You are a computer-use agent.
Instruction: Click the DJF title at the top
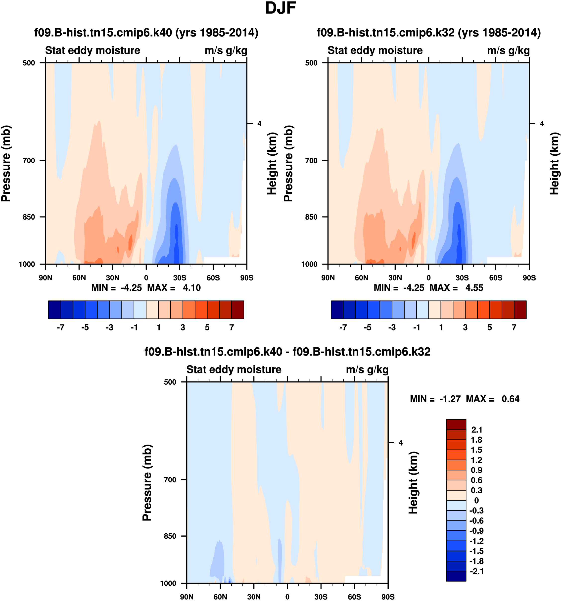point(280,8)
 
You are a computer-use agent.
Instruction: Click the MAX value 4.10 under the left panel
point(192,288)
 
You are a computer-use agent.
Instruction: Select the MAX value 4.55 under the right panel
point(474,288)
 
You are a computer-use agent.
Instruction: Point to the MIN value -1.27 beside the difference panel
point(450,399)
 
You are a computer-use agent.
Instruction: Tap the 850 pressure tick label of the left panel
point(29,217)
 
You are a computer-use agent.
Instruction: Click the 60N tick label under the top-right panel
point(362,278)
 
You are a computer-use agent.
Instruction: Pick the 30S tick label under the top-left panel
point(180,278)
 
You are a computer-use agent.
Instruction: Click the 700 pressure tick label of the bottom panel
point(170,480)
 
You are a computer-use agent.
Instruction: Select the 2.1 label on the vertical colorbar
point(477,430)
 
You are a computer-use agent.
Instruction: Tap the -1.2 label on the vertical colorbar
point(476,541)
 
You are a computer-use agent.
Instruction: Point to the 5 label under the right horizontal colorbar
point(489,327)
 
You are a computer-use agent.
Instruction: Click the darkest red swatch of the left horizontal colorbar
point(238,310)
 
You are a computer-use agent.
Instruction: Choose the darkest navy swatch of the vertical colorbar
point(456,576)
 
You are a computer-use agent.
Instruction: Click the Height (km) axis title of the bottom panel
point(413,483)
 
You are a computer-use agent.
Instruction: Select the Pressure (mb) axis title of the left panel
point(6,164)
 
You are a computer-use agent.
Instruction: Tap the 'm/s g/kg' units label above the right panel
point(508,50)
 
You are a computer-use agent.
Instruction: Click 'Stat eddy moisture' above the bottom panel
point(234,370)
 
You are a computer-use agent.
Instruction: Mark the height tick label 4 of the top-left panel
point(259,124)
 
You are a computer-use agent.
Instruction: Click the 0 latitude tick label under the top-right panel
point(428,278)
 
